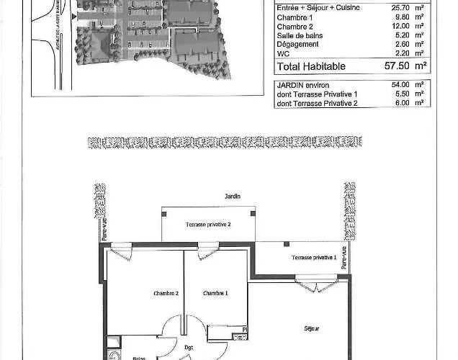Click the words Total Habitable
[311, 66]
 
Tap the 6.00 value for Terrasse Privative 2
[401, 102]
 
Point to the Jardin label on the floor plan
[232, 197]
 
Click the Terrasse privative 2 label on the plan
[208, 225]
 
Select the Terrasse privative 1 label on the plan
[314, 258]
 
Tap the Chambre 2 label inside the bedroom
[166, 293]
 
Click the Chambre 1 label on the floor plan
[215, 293]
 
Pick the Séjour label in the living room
[311, 328]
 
